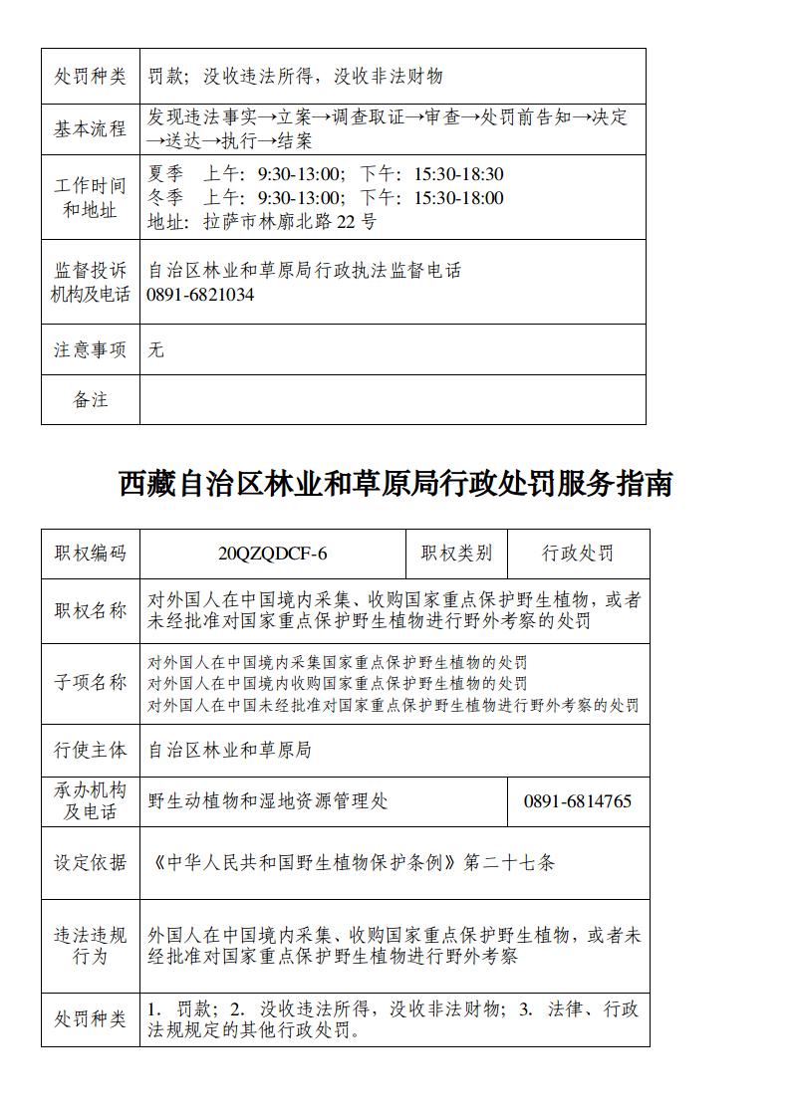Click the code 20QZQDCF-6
point(272,554)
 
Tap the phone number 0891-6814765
point(577,801)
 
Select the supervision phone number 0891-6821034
point(200,295)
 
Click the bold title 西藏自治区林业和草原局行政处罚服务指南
point(395,484)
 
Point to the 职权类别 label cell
point(456,554)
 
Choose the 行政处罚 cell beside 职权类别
point(578,554)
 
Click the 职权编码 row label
point(91,554)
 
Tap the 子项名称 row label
point(91,683)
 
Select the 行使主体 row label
point(91,750)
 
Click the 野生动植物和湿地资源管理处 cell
point(268,801)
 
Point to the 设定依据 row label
point(91,862)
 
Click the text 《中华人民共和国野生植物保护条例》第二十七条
point(352,862)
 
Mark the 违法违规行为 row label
point(91,946)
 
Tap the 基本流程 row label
point(91,128)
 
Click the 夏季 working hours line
point(326,174)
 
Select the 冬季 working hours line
point(326,198)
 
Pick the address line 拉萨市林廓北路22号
point(262,222)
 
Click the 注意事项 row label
point(91,349)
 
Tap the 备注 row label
point(91,399)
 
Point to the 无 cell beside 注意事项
point(155,349)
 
